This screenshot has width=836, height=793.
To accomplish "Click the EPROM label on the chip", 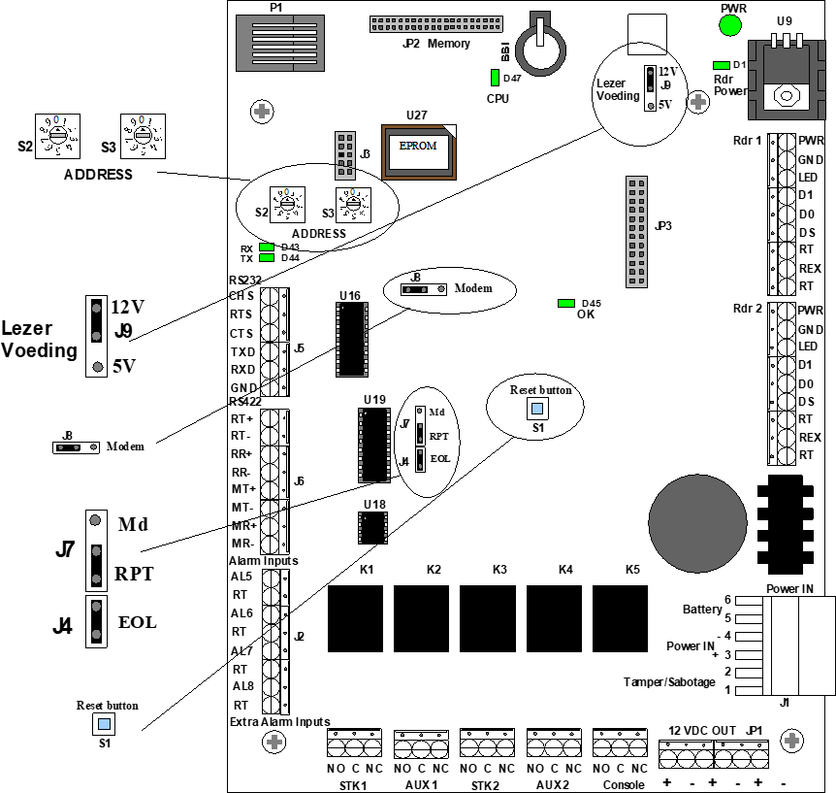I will coord(418,147).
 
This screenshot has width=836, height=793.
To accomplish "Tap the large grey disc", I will coord(697,523).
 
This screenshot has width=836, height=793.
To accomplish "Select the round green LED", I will coord(730,25).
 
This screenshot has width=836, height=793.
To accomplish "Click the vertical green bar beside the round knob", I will coord(495,78).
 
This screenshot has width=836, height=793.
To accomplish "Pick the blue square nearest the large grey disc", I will coord(537,409).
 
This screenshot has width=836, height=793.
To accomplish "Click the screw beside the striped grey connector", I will coord(262,112).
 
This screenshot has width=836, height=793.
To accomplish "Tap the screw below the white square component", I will coord(698,102).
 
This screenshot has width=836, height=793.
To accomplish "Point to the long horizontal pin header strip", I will coord(436,24).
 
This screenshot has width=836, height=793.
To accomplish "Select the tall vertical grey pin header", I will coord(636,232).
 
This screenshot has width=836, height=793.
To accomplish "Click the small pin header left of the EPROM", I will coord(345,155).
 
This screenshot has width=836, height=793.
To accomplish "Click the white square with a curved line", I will coord(647,34).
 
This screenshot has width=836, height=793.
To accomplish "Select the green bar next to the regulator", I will coord(722,66).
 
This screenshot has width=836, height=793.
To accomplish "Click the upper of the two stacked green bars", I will coord(267,248).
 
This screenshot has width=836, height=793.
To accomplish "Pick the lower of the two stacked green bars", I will coord(267,258).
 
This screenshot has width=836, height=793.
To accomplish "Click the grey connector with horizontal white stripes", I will coord(280,43).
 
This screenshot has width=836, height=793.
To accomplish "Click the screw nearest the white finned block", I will coord(791,741).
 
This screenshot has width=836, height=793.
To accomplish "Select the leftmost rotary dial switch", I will coord(58,136).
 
